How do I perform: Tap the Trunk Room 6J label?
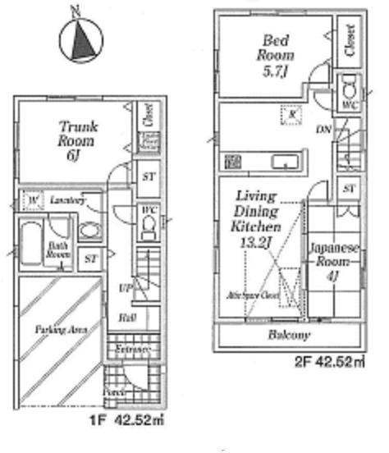[x=78, y=140]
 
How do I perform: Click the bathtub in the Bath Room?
[x=30, y=244]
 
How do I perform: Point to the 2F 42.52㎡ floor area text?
[x=327, y=361]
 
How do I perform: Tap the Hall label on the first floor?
[x=127, y=317]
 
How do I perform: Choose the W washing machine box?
[x=32, y=200]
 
